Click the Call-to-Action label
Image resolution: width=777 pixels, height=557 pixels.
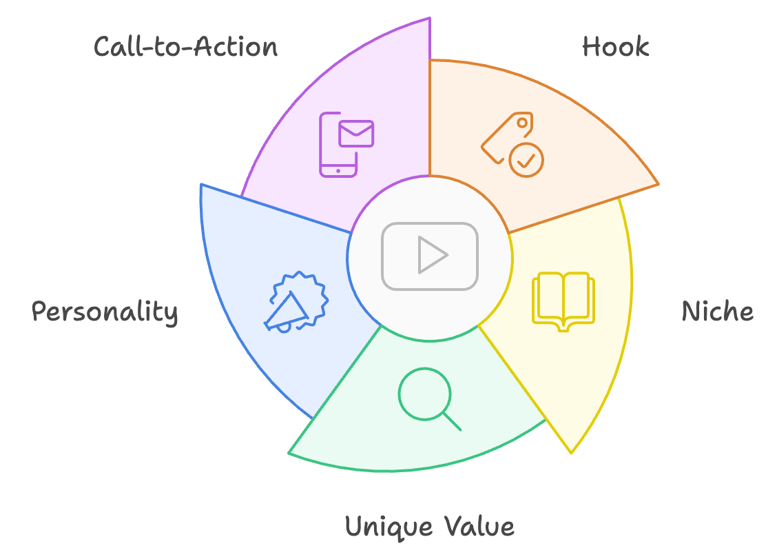tap(186, 47)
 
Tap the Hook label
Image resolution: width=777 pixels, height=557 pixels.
tap(615, 47)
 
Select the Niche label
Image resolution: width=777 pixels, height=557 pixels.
tap(718, 312)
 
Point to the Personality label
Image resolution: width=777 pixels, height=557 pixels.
tap(105, 312)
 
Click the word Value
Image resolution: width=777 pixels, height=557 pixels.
tap(479, 526)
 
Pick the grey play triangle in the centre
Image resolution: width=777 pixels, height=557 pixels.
tap(433, 255)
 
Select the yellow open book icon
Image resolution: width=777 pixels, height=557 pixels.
tap(563, 301)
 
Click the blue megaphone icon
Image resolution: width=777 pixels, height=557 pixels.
tap(296, 303)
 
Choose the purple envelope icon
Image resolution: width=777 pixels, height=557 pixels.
tap(356, 134)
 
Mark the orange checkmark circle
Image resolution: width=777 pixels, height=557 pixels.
tap(526, 160)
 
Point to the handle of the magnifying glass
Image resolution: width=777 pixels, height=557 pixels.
tap(452, 422)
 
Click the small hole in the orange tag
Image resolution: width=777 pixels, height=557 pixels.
tap(521, 123)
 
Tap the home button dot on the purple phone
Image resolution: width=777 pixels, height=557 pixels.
tap(338, 171)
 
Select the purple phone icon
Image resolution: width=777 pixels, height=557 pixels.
tap(338, 145)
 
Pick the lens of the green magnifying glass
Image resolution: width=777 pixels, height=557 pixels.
tap(425, 394)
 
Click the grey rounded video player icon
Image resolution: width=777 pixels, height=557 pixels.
tap(430, 256)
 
